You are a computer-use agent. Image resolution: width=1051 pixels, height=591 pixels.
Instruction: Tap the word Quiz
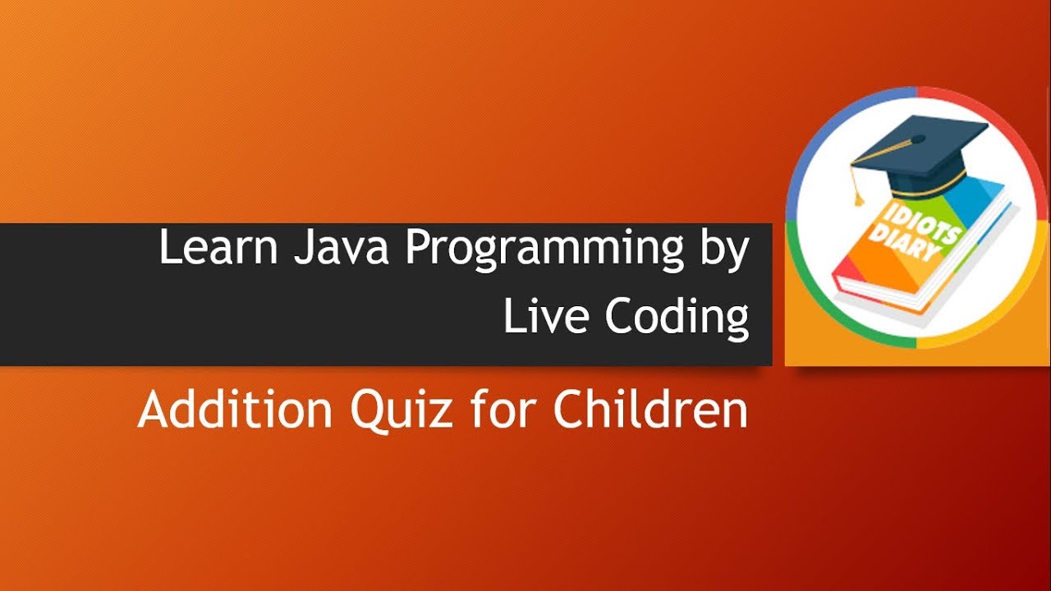pyautogui.click(x=401, y=410)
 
